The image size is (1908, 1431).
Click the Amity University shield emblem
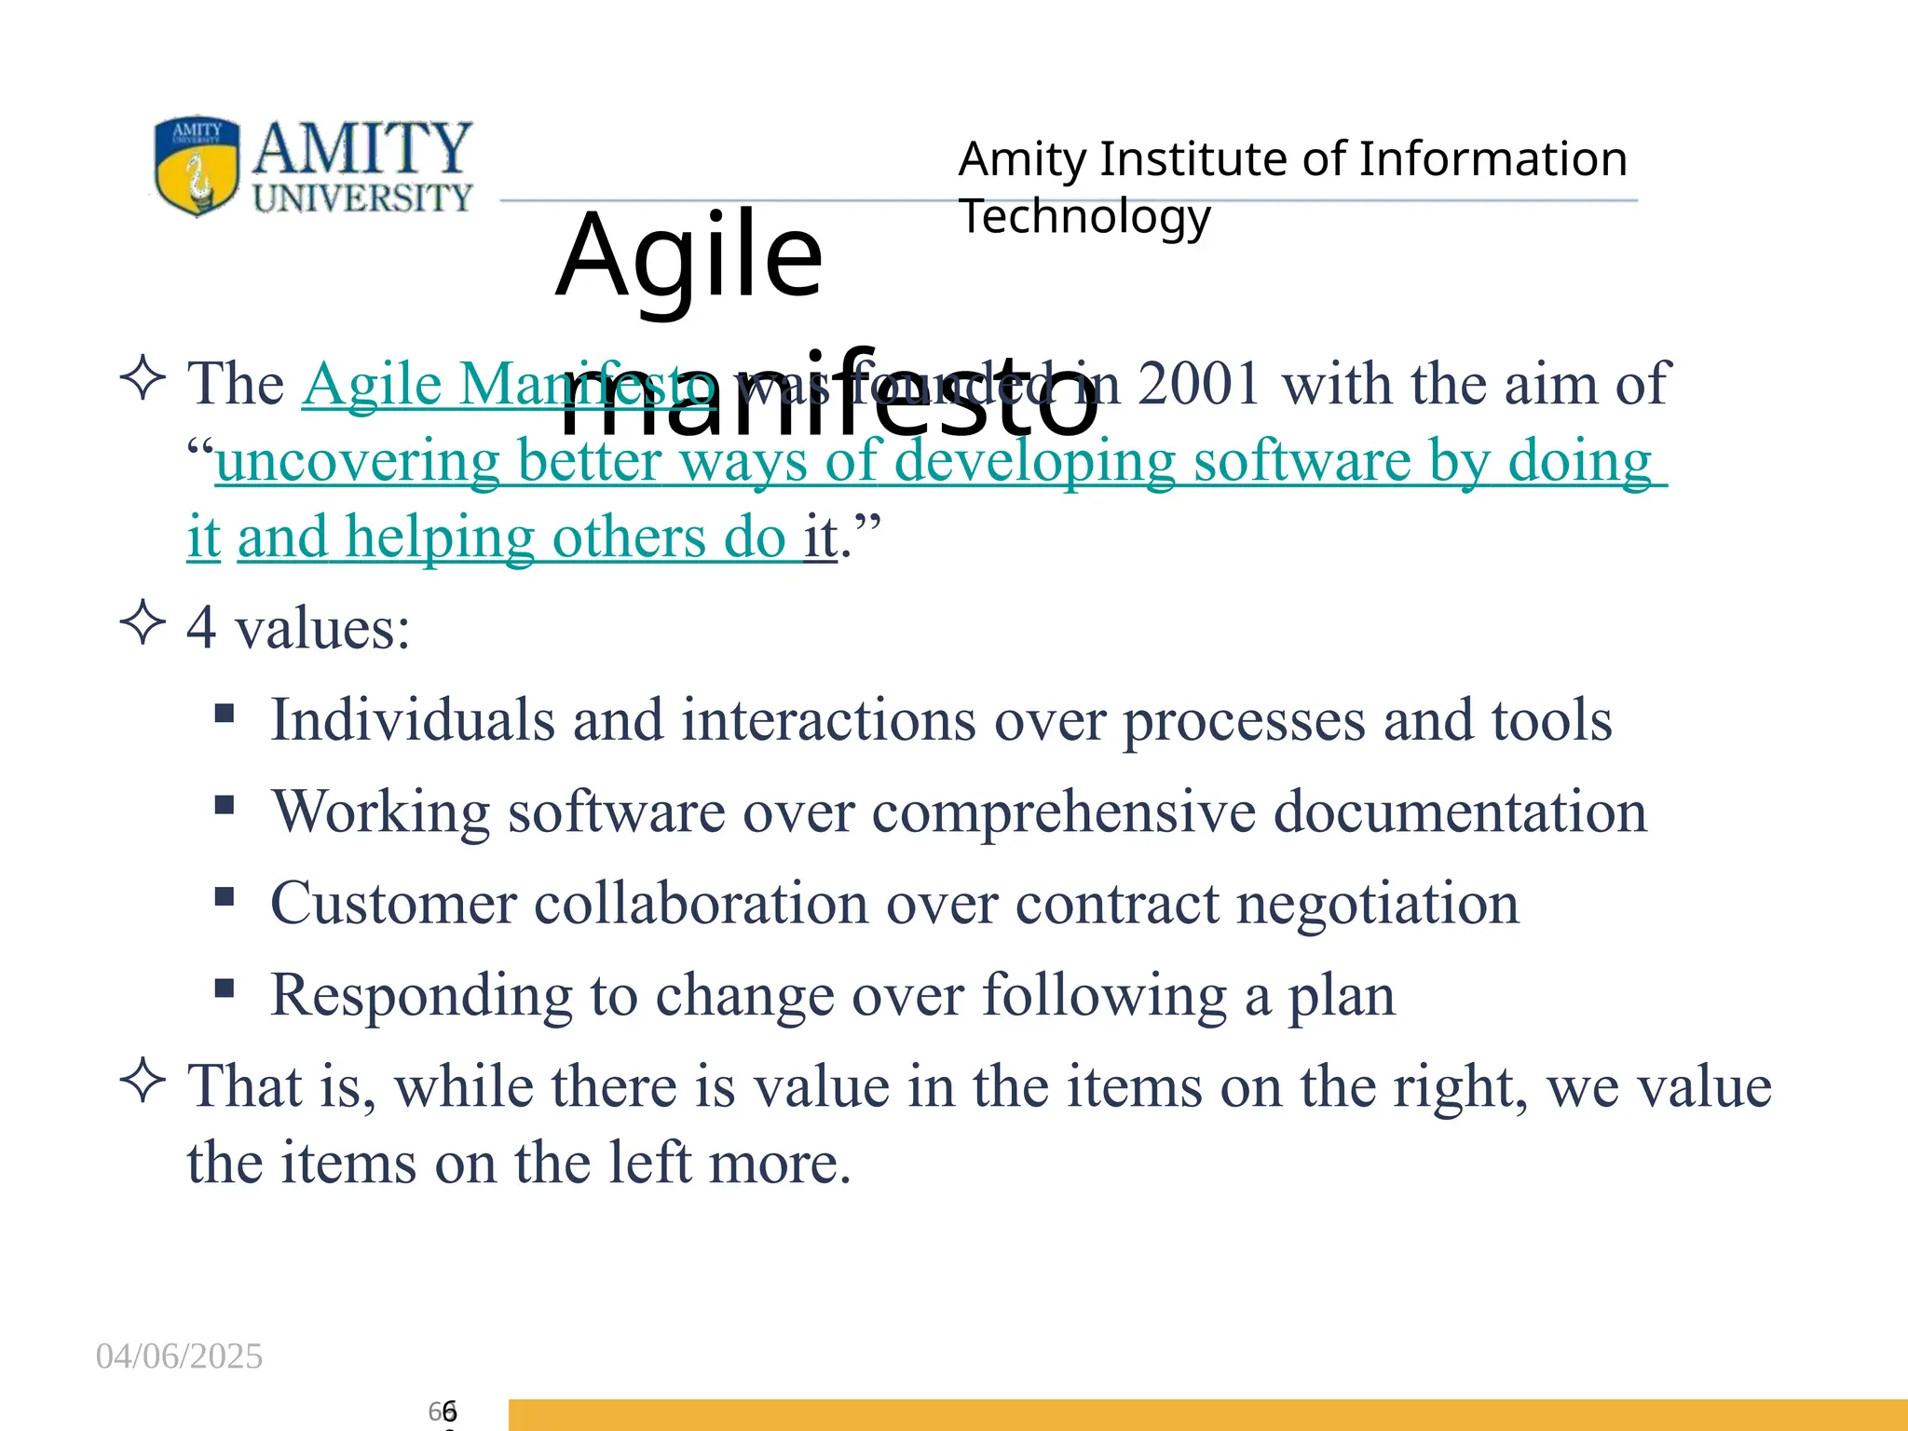197,166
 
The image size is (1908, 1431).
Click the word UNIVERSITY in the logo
362,198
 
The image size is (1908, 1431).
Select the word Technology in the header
1084,216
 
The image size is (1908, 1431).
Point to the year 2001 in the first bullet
1199,383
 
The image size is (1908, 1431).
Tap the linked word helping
440,538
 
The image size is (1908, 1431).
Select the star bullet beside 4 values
143,622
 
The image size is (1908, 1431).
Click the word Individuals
412,719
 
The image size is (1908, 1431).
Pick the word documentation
1460,811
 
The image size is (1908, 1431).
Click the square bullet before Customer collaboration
224,896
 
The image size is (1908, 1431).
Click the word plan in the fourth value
1342,994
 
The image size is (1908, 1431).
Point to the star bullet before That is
143,1081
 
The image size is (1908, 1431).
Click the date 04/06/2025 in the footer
179,1356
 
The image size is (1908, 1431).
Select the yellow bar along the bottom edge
1207,1414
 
